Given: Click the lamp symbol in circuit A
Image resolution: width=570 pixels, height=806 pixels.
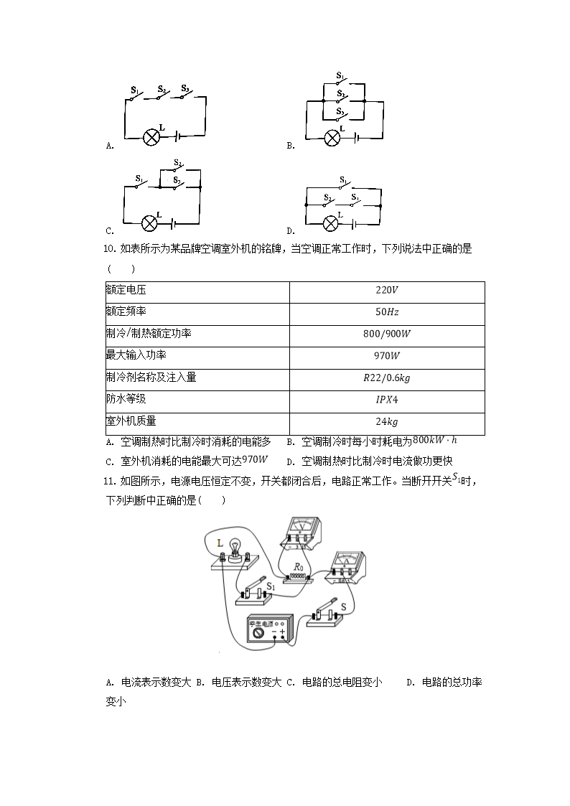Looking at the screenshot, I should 151,137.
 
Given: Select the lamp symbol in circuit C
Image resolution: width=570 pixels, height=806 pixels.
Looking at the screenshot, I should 149,222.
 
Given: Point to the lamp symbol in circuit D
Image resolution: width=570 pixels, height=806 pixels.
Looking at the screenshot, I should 331,222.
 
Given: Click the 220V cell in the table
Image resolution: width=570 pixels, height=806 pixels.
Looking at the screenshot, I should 386,291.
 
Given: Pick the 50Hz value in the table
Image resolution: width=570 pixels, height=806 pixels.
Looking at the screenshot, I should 386,313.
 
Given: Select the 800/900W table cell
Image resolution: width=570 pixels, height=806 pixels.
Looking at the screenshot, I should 386,334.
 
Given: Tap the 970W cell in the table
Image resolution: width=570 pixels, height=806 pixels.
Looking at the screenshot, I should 386,357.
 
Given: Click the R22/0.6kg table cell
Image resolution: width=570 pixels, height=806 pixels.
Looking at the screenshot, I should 386,379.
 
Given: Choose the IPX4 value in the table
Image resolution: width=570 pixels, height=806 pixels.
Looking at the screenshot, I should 386,400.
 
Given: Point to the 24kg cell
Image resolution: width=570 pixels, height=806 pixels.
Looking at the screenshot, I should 386,423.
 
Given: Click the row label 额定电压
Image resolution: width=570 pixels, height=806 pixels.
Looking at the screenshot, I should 130,291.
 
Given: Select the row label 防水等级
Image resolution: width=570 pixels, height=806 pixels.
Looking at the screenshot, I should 130,400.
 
